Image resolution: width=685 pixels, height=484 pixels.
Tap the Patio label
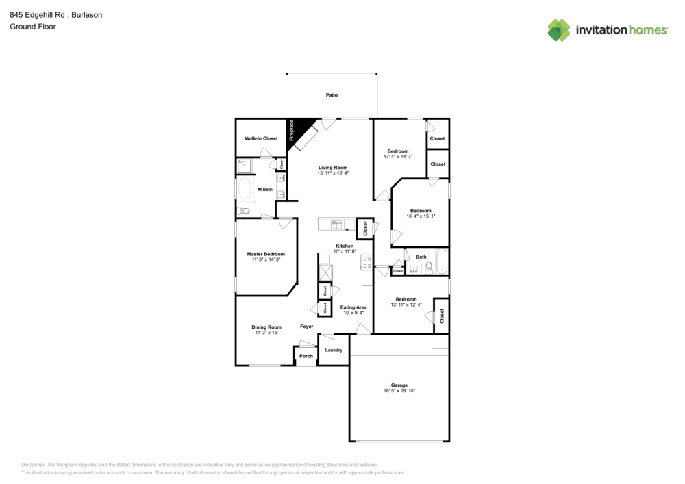point(332,95)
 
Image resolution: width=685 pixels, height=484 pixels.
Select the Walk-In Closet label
point(261,138)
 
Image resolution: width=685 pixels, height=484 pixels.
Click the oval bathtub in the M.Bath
point(245,189)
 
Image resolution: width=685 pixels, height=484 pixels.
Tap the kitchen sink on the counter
point(336,225)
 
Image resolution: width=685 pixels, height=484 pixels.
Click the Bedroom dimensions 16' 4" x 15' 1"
point(421,216)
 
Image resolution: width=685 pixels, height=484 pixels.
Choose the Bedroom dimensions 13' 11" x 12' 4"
point(406,305)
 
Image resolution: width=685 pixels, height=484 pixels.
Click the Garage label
point(399,385)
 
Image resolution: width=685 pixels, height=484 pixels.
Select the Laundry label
point(334,350)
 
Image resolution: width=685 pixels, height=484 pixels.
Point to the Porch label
point(306,356)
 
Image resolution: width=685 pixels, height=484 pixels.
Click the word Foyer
point(306,327)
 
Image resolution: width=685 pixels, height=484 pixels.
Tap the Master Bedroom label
point(266,254)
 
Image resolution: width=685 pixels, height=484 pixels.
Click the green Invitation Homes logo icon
point(558,29)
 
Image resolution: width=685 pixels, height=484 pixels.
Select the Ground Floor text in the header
point(33,27)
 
